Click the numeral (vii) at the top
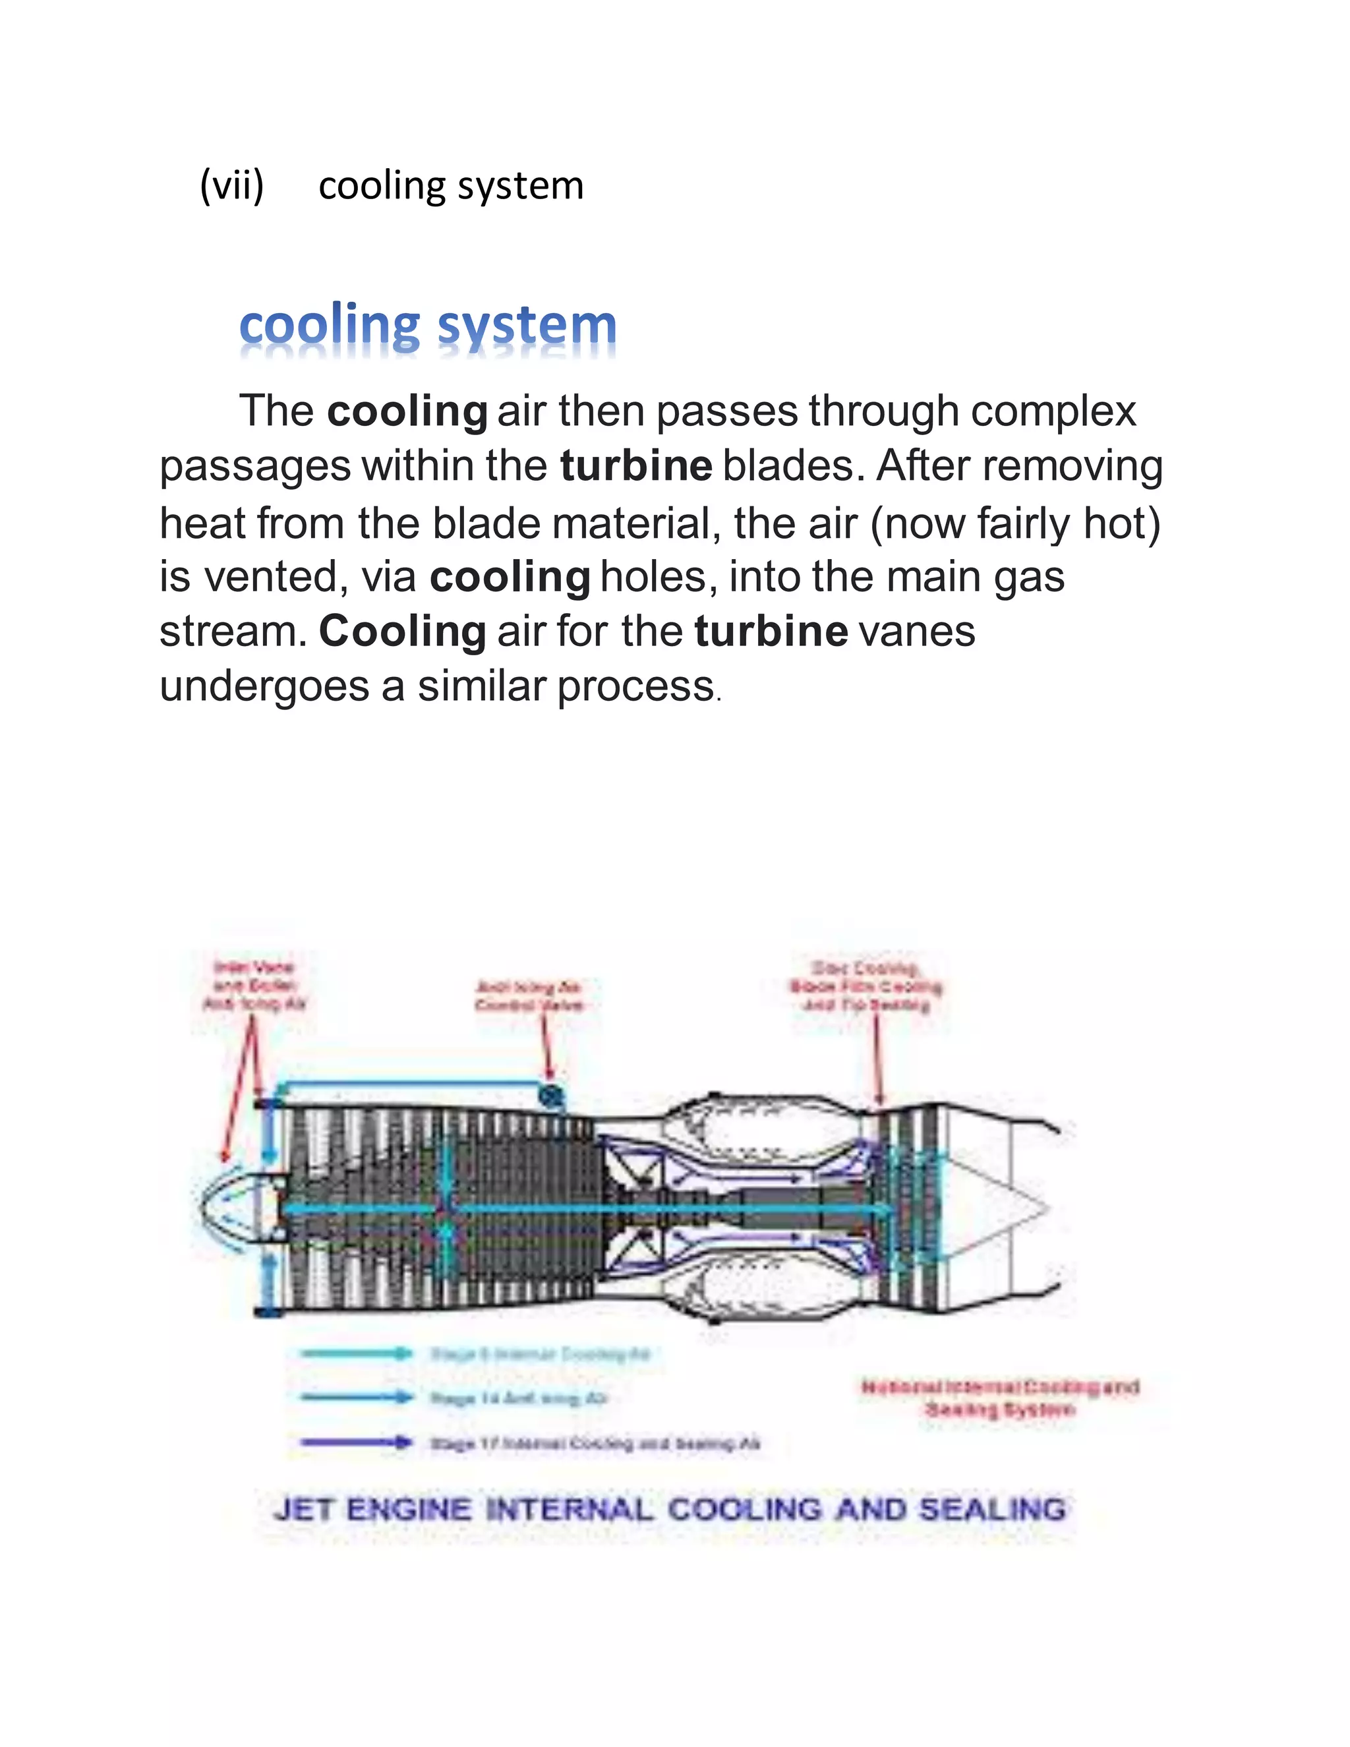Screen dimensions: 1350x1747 click(x=231, y=187)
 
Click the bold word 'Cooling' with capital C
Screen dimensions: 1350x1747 click(x=402, y=631)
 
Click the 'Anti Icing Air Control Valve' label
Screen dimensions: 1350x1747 click(x=529, y=996)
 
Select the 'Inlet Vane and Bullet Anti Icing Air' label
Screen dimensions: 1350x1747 click(x=254, y=986)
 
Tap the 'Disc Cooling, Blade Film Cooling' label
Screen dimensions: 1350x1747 click(x=866, y=986)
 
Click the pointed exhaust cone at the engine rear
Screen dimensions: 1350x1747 click(x=1028, y=1210)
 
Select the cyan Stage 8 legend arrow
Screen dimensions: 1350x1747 click(x=356, y=1353)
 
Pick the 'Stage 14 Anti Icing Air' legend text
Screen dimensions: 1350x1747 click(x=519, y=1398)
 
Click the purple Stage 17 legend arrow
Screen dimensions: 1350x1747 click(x=356, y=1442)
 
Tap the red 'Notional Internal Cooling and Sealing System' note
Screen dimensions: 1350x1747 click(x=1000, y=1398)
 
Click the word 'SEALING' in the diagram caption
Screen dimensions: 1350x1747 click(x=991, y=1510)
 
